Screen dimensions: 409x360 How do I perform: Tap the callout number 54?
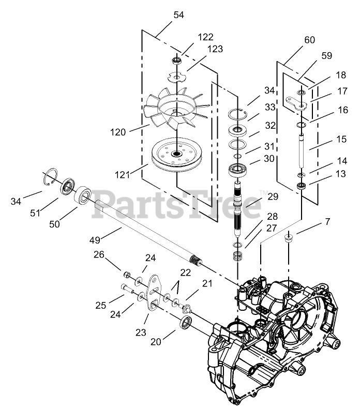click(178, 16)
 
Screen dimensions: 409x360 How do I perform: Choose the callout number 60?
click(310, 40)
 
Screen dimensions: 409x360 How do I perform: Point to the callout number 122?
click(205, 37)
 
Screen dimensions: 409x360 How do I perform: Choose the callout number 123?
click(216, 49)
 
